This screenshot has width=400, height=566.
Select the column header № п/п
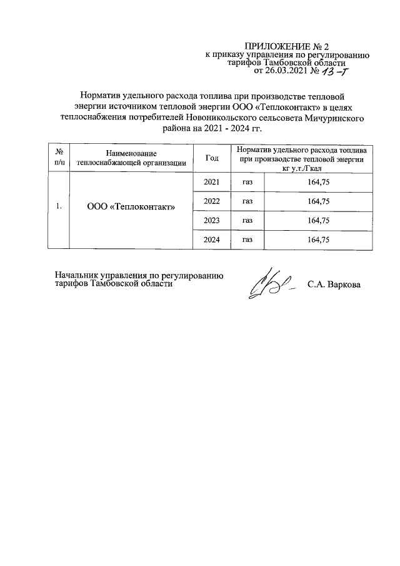tap(58, 158)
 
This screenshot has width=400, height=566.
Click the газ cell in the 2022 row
tap(247, 201)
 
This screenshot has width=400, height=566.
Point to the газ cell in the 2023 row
tap(247, 220)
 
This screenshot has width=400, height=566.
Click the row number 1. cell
tap(58, 206)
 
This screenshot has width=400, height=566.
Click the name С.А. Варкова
tap(334, 284)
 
